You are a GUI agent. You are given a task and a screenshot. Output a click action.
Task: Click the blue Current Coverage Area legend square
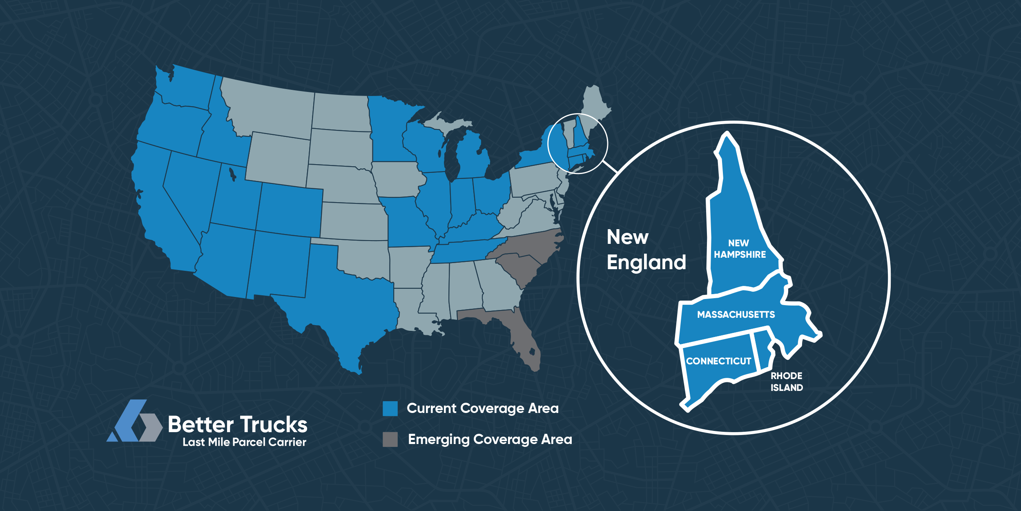[390, 408]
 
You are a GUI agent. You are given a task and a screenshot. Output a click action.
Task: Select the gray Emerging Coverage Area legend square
[390, 440]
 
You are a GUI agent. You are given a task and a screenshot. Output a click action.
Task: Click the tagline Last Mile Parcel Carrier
[244, 442]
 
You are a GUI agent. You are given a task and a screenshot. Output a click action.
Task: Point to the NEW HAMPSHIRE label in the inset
[740, 249]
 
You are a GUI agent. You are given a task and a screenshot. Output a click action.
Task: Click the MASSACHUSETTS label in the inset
[736, 315]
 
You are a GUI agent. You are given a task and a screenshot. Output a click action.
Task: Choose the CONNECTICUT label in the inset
[718, 361]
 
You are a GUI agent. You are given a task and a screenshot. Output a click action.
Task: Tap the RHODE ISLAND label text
[787, 382]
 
